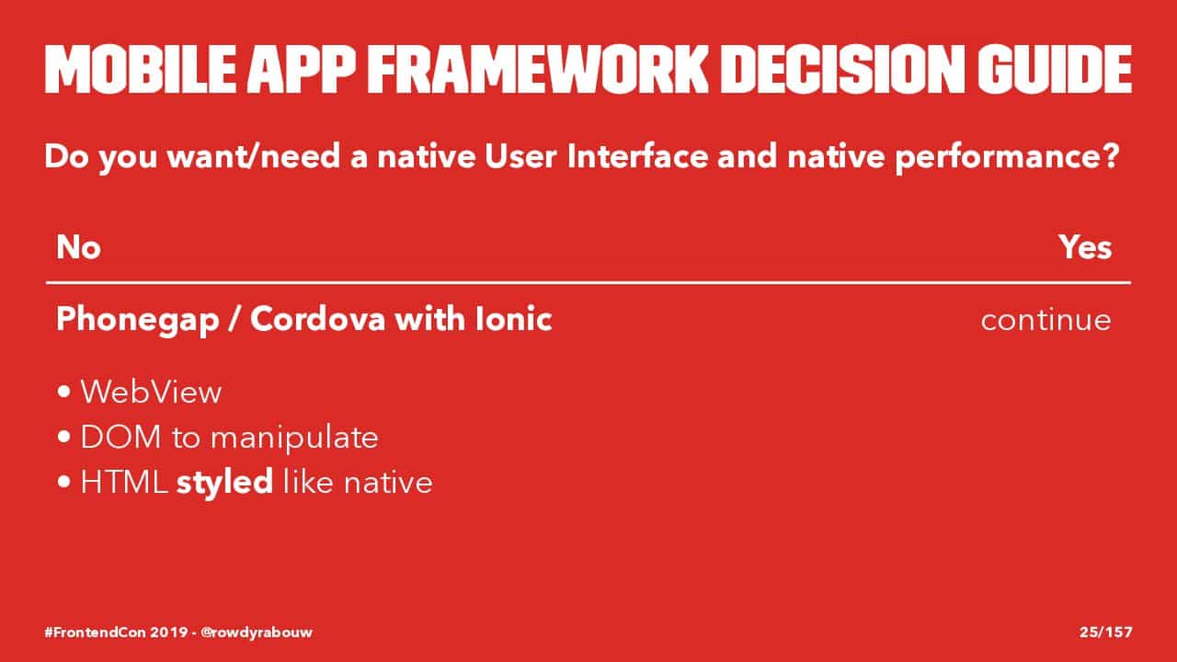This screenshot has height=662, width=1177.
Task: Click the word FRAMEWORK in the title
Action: (538, 69)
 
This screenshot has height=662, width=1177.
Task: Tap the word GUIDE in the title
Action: (1055, 69)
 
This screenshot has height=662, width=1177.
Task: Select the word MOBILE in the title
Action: (141, 69)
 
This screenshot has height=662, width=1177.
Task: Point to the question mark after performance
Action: (1110, 156)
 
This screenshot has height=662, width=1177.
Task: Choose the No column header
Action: (78, 247)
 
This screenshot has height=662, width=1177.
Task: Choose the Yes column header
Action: (1085, 247)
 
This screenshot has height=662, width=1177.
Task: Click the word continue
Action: (1046, 320)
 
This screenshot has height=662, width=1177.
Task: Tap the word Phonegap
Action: (138, 320)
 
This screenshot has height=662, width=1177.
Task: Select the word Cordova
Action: (318, 319)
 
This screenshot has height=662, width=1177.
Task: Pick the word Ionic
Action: (513, 319)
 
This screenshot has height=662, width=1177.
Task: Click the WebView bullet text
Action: (152, 392)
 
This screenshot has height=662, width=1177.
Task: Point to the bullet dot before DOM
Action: (64, 437)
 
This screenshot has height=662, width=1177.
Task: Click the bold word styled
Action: (224, 483)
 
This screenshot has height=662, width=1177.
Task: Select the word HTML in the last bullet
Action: (124, 483)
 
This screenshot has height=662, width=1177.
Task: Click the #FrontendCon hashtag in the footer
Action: (95, 632)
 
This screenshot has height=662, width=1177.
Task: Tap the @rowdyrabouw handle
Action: (257, 633)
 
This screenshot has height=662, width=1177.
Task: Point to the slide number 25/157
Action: (1106, 632)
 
